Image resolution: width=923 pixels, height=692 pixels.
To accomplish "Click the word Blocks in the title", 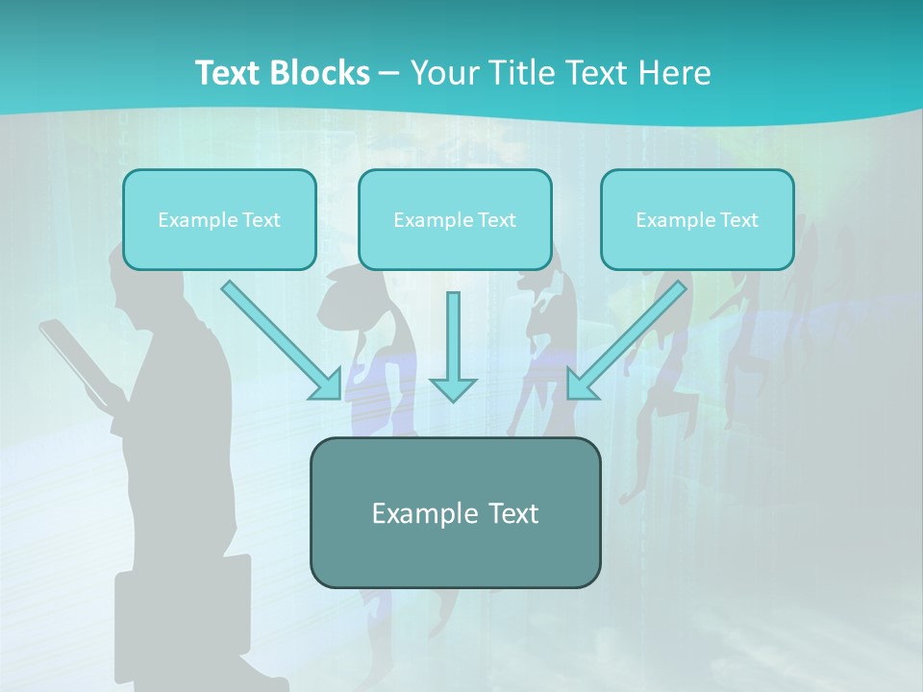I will (320, 73).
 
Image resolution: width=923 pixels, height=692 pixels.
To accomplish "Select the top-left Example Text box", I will (219, 219).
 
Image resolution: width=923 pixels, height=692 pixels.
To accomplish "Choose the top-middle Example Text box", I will (455, 219).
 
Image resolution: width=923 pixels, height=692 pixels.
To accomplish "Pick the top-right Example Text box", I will (697, 219).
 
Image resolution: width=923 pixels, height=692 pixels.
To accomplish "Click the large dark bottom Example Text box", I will (455, 512).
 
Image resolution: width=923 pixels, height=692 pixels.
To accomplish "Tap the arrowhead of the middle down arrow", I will (453, 388).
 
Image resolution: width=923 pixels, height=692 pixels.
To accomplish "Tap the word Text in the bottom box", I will (510, 512).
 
